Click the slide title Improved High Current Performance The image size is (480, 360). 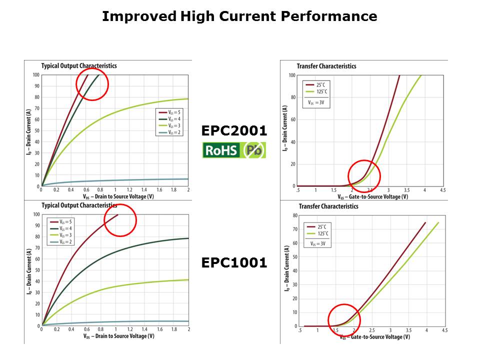tap(239, 16)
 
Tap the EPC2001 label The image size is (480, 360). tap(234, 131)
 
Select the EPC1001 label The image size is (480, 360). tap(234, 262)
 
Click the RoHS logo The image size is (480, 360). tap(221, 150)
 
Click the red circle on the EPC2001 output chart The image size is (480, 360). tap(92, 84)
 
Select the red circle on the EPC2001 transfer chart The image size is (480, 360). tap(364, 176)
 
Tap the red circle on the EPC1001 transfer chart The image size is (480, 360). tap(344, 320)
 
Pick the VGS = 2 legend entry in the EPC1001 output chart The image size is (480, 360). tap(61, 242)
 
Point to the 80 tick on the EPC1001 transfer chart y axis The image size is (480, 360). tap(295, 215)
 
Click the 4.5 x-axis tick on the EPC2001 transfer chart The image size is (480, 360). tap(442, 190)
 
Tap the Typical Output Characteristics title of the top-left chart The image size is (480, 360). tap(79, 65)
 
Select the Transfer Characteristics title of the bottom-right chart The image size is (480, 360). tap(328, 206)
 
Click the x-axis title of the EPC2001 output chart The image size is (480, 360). tap(114, 196)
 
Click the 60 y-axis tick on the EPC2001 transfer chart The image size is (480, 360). tap(292, 119)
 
